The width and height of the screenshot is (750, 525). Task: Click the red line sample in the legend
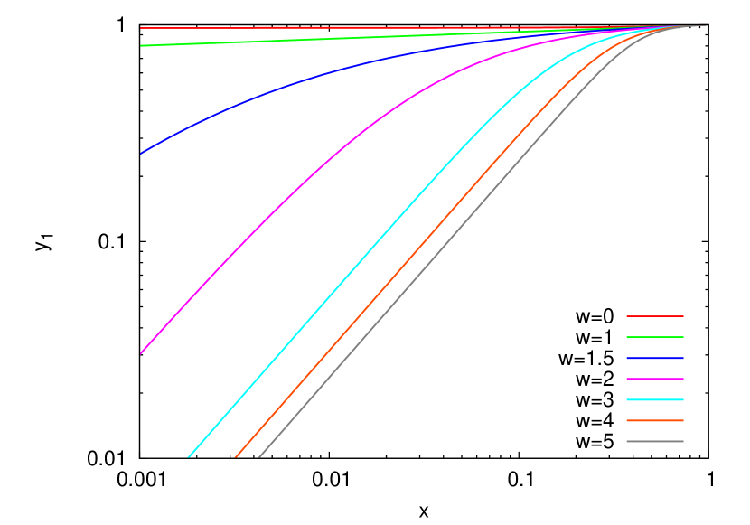[x=655, y=316]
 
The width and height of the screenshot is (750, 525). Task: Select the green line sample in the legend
[x=655, y=337]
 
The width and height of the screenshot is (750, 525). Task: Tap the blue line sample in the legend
[x=655, y=358]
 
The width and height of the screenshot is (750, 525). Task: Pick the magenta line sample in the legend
[x=655, y=379]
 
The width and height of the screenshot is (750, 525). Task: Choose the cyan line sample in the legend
[x=655, y=399]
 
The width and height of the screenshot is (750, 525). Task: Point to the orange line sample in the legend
[x=655, y=420]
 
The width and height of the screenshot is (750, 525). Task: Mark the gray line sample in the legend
[x=655, y=441]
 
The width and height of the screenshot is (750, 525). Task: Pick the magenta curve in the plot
[x=271, y=212]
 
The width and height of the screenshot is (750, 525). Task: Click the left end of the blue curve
[x=141, y=154]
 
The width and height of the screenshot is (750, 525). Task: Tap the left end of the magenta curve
[x=141, y=352]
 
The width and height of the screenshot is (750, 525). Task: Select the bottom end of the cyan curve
[x=189, y=456]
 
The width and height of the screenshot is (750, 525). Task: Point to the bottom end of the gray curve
[x=259, y=456]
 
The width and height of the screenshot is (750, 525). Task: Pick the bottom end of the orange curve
[x=236, y=456]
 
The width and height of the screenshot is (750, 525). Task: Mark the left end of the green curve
[x=141, y=45]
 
